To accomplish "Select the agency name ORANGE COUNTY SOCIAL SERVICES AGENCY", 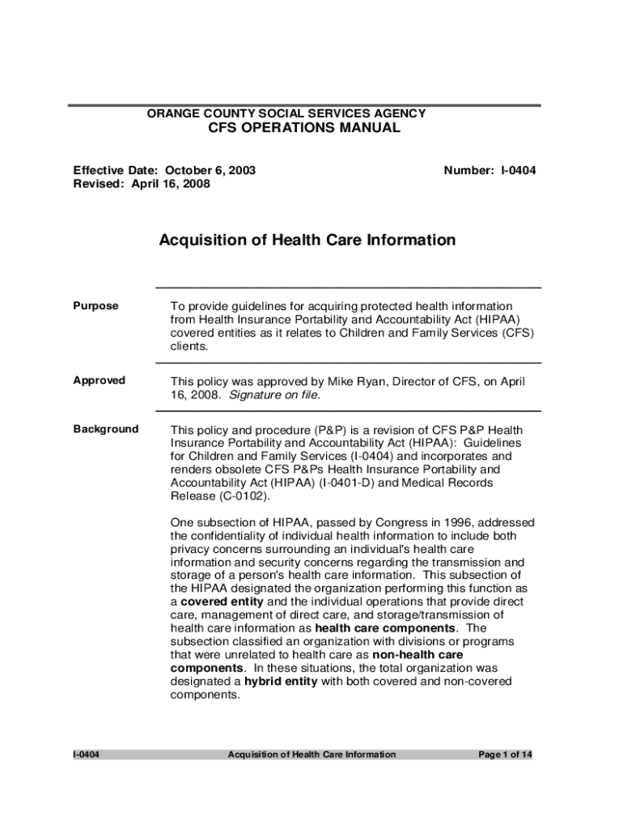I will (286, 114).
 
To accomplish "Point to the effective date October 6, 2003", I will (210, 171).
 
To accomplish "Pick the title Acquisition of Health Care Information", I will (307, 240).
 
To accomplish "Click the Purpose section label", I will (95, 306).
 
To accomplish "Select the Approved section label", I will (99, 380).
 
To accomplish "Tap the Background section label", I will (105, 429).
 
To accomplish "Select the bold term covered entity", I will (221, 602).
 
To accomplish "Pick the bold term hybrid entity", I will (281, 682).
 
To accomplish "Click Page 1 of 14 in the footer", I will (505, 755).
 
